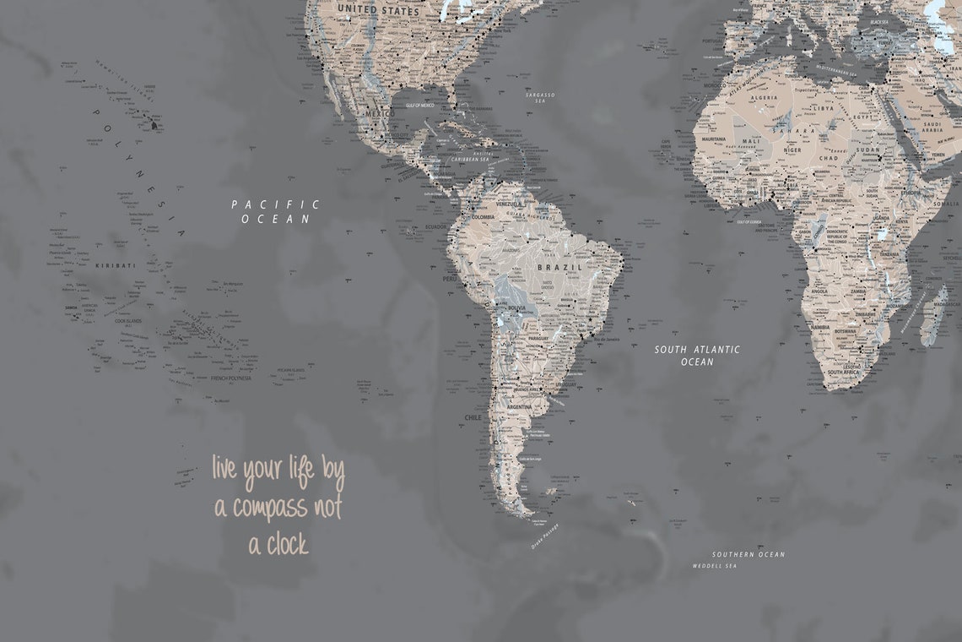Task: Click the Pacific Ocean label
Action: tap(275, 211)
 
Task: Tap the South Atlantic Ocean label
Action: tap(697, 356)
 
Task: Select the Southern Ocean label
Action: tap(748, 554)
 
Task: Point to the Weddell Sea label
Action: tap(714, 565)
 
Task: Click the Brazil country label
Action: tap(560, 267)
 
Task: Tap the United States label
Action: tap(378, 11)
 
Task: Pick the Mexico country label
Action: tap(379, 113)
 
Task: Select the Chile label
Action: tap(473, 417)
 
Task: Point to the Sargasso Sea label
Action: tap(541, 98)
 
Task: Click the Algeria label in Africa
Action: tap(765, 98)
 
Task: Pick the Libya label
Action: tap(823, 108)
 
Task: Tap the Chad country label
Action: tap(828, 157)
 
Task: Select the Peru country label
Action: tap(450, 278)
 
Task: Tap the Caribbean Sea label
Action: tap(470, 159)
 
